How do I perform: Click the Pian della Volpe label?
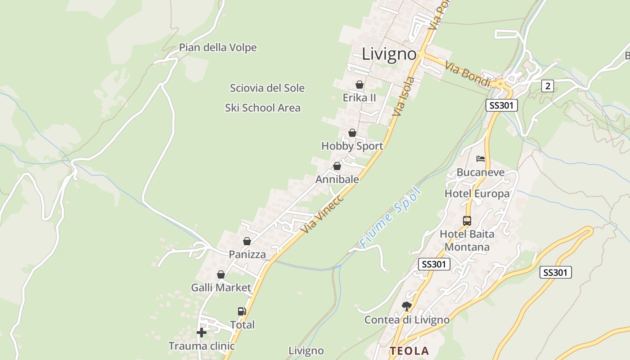tap(218, 48)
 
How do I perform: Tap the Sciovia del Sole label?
tap(267, 88)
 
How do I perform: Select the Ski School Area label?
tap(263, 108)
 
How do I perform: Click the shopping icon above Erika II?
tap(360, 85)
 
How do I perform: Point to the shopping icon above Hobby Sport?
tap(352, 133)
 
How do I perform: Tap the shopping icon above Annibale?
tap(337, 166)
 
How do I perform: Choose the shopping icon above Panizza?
tap(247, 241)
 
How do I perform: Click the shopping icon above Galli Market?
tap(221, 274)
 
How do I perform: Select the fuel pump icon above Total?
tap(242, 311)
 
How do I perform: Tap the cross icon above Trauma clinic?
tap(202, 333)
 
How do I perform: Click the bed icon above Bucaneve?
tap(481, 159)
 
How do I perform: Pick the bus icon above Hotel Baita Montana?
tap(467, 220)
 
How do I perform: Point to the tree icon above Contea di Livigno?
tap(407, 306)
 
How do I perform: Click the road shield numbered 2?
tap(547, 85)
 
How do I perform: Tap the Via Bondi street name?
tap(467, 72)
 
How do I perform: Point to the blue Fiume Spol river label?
tap(391, 218)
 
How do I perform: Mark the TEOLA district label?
tap(409, 351)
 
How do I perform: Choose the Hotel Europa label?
tap(477, 194)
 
